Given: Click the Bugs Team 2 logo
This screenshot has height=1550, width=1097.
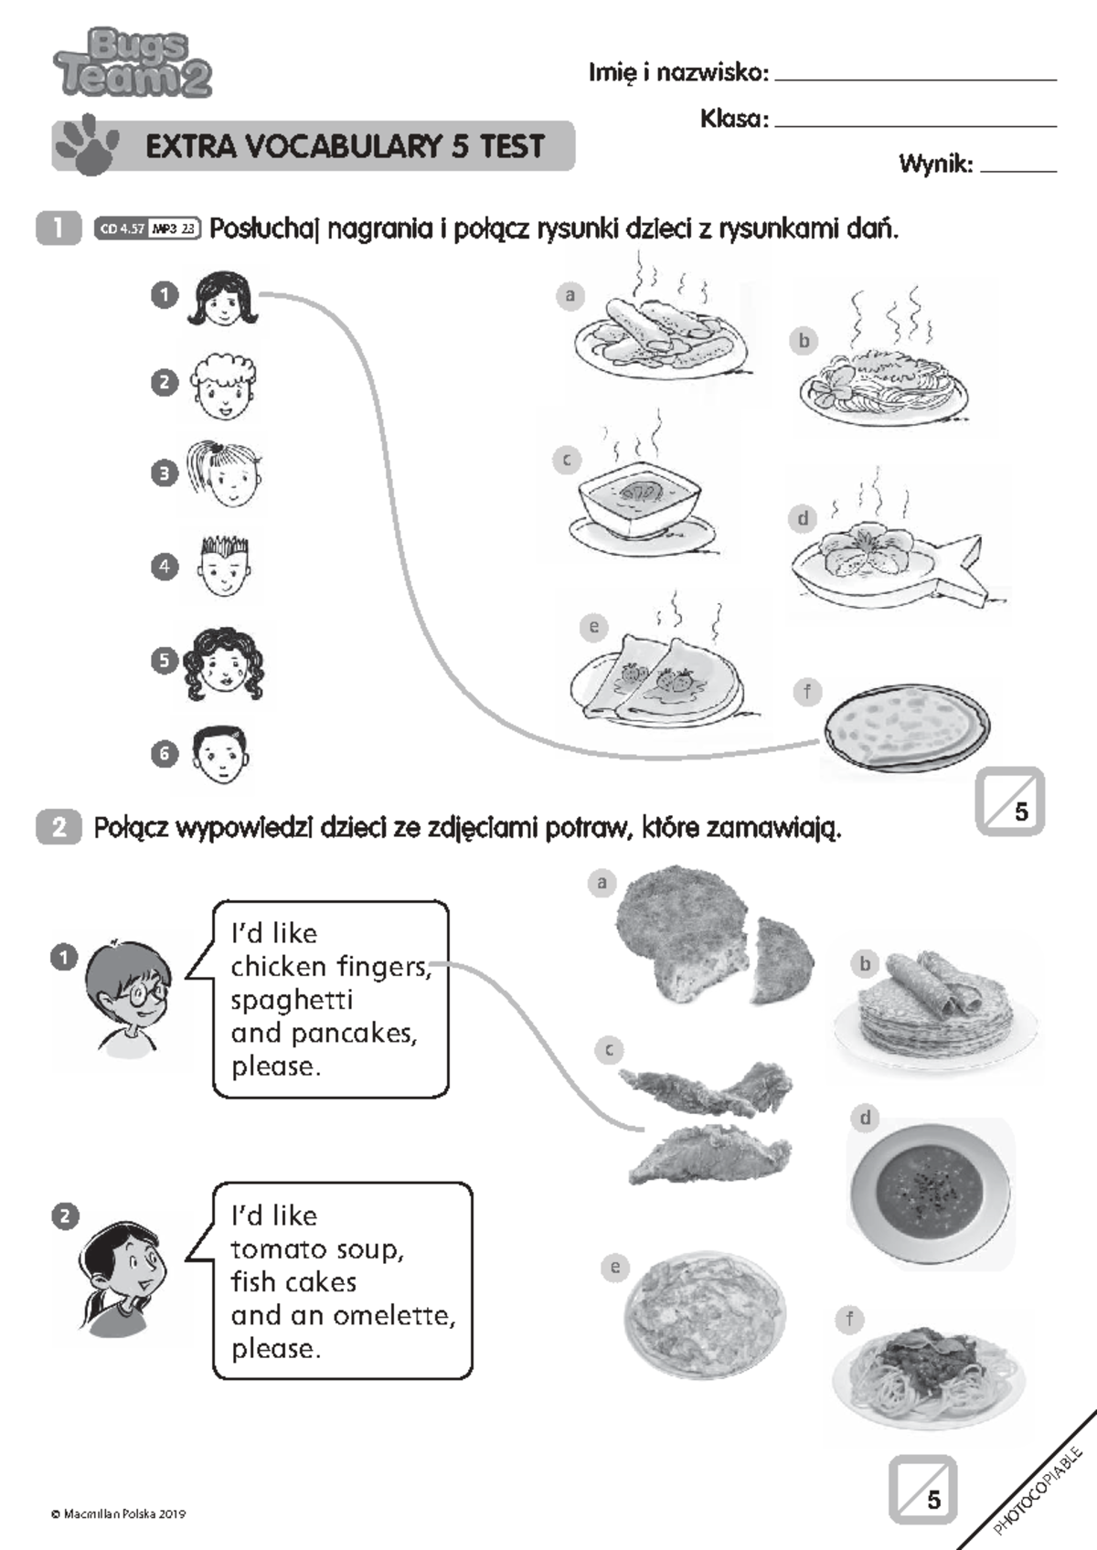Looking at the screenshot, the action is click(133, 62).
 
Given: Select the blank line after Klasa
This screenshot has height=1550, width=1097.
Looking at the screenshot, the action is click(916, 126).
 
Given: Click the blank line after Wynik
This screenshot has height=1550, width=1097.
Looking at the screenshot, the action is click(1018, 170).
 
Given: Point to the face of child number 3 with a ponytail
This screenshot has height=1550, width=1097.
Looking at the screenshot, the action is click(225, 474).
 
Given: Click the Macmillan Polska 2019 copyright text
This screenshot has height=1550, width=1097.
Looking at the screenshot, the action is click(118, 1513).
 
